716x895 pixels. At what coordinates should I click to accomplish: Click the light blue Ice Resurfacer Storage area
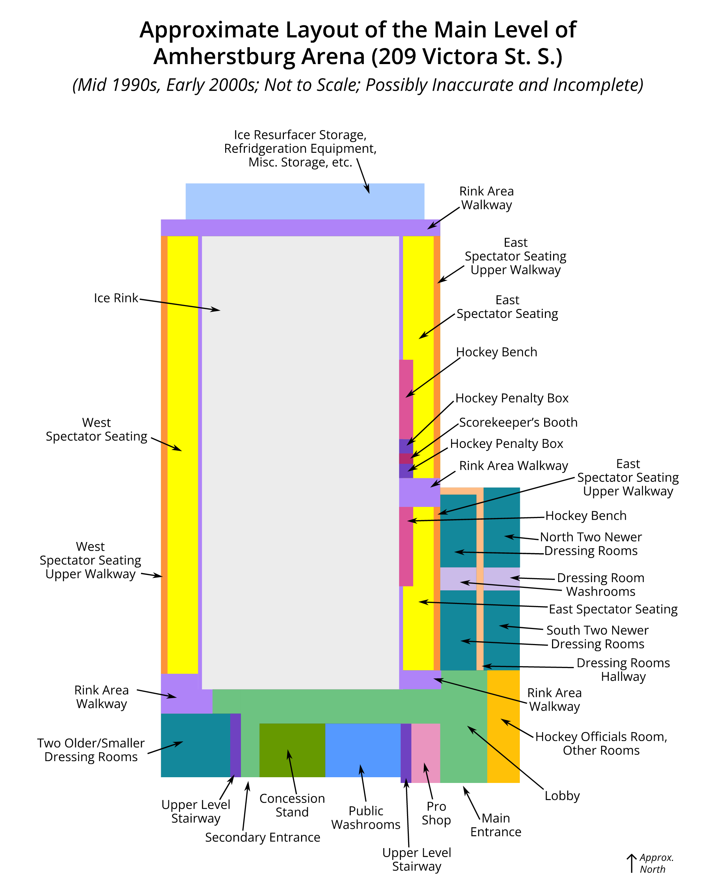coord(305,201)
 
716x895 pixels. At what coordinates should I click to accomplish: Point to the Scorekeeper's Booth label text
coord(518,422)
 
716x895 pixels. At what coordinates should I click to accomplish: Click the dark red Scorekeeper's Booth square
coord(406,458)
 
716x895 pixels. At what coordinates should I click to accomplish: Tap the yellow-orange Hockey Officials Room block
coord(503,726)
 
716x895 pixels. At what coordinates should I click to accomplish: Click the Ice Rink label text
coord(116,298)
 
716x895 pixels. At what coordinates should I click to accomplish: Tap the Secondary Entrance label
coord(262,837)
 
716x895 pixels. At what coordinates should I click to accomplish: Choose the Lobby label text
coord(562,796)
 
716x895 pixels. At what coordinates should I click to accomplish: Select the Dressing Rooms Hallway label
coord(623,670)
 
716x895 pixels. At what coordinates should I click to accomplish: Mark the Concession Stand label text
coord(292,805)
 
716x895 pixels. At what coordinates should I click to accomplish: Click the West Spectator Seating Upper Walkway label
coord(91,560)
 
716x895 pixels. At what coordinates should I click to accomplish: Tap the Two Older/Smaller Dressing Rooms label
coord(91,750)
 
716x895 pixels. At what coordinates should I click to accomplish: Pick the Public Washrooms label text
coord(366,818)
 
